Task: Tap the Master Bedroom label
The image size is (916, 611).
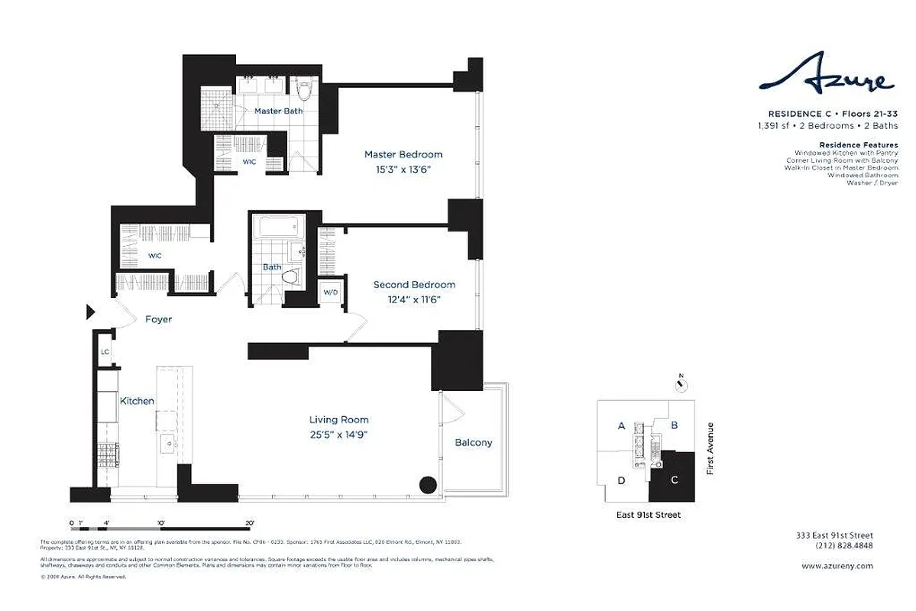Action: (x=403, y=154)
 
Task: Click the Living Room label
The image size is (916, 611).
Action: (x=338, y=419)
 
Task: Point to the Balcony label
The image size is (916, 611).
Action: (x=474, y=442)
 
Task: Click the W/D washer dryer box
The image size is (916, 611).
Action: (x=331, y=293)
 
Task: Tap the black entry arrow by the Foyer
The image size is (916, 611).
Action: (x=89, y=312)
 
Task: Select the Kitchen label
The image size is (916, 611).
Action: (x=137, y=401)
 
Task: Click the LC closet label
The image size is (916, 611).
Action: (x=105, y=352)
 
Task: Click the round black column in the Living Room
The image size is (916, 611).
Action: (x=428, y=484)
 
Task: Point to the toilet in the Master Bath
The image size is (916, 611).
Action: (x=305, y=91)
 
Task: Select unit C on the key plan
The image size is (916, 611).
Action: (x=674, y=480)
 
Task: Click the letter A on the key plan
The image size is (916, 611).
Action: (x=622, y=425)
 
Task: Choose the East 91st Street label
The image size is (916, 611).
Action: (x=648, y=515)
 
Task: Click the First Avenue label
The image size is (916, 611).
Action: (x=710, y=448)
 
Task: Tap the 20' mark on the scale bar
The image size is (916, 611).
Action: (x=248, y=523)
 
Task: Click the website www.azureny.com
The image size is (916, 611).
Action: (x=837, y=566)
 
